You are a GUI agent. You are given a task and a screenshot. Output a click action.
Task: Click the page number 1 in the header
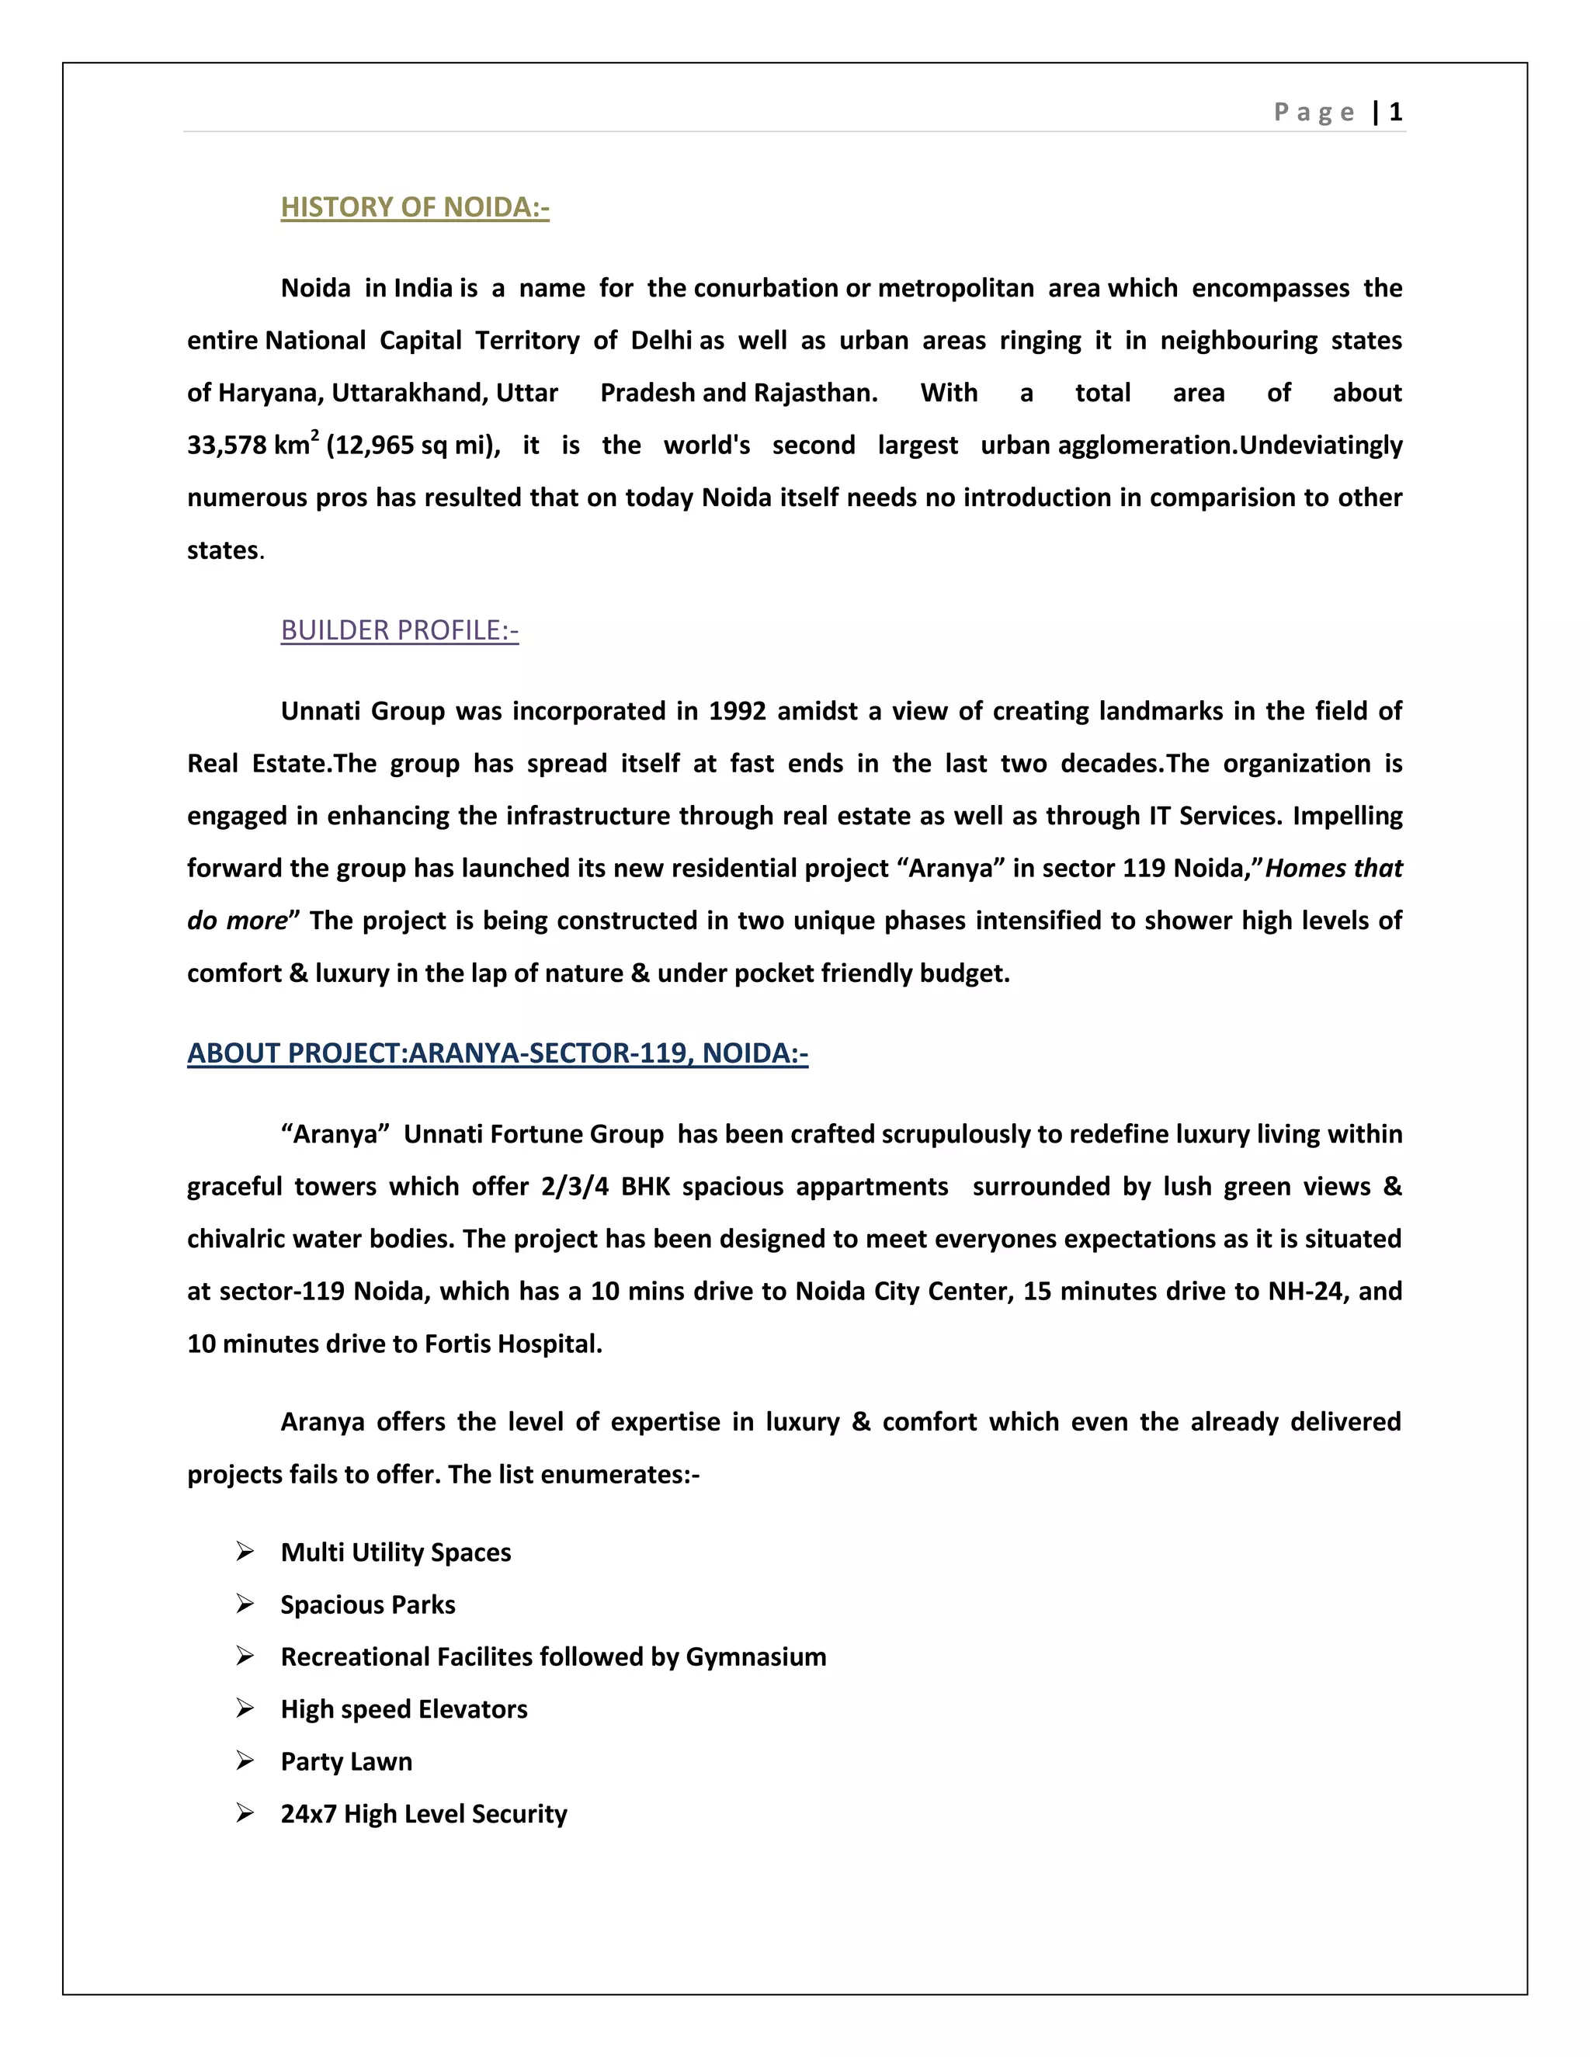[x=1395, y=112]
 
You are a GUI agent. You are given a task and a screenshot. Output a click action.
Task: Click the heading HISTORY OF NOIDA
[x=415, y=207]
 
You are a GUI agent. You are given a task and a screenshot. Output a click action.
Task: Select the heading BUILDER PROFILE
[x=399, y=630]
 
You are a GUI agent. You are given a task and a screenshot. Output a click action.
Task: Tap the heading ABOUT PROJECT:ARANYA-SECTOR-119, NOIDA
[x=498, y=1053]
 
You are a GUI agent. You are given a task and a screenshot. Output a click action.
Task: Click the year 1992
[x=737, y=711]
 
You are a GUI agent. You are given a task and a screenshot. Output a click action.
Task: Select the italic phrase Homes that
[x=1333, y=869]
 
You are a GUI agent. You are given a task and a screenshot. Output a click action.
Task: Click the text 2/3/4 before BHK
[x=575, y=1187]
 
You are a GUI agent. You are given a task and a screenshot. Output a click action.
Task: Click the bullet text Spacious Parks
[x=367, y=1605]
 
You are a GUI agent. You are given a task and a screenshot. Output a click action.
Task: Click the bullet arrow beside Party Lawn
[x=245, y=1760]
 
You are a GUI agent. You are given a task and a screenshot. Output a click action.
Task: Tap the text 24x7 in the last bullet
[x=308, y=1814]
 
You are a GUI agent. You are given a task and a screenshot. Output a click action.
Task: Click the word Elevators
[x=473, y=1709]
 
